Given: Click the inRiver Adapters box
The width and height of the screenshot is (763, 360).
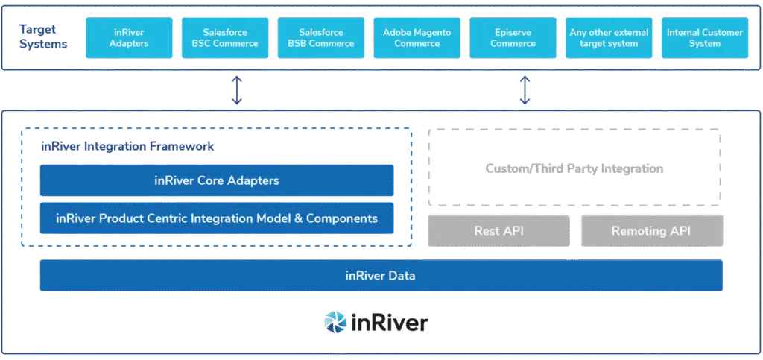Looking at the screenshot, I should pos(129,38).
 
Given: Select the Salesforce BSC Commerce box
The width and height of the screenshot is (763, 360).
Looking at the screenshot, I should pos(225,38).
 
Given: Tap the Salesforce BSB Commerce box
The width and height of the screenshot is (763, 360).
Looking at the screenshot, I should pos(320,38).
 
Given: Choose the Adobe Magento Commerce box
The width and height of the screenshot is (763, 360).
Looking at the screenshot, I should pos(417,38).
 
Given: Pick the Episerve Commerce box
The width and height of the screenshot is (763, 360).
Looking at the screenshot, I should pos(513,38).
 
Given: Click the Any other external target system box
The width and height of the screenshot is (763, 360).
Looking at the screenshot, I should pos(609,38).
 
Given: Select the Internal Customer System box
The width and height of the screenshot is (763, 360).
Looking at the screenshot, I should pos(704,38).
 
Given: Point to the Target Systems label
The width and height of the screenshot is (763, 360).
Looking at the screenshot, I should pos(45,38).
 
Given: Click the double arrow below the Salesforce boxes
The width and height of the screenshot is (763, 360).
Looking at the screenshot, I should pos(238,90).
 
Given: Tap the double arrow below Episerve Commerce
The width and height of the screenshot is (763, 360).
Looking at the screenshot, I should pos(524,90).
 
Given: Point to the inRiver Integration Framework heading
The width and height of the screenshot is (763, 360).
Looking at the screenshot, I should pos(127,147).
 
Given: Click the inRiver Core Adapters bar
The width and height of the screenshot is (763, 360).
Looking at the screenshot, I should pos(216,180).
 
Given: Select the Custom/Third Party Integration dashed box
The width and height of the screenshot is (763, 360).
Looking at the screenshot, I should pos(573,168).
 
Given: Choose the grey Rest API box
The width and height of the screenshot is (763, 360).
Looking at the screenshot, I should pos(498,231).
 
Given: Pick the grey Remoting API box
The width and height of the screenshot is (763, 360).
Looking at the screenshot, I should pos(651,231).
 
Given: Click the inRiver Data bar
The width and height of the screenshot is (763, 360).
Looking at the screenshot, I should pos(380,276).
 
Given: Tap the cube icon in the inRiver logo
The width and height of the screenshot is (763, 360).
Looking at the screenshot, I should pos(335,322).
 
